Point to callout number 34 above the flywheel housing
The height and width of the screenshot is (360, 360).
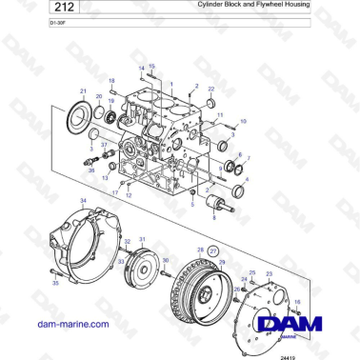83,201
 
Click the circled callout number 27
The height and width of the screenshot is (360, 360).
213,250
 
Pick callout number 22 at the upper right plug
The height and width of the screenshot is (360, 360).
210,90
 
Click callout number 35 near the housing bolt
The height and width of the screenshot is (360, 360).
54,284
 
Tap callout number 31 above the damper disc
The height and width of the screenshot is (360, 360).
143,239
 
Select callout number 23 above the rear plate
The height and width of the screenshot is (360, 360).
269,273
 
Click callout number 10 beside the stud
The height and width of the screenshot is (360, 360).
242,123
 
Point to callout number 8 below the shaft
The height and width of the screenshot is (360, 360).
213,218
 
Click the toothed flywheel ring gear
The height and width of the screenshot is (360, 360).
197,286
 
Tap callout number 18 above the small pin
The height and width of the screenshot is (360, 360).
110,81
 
